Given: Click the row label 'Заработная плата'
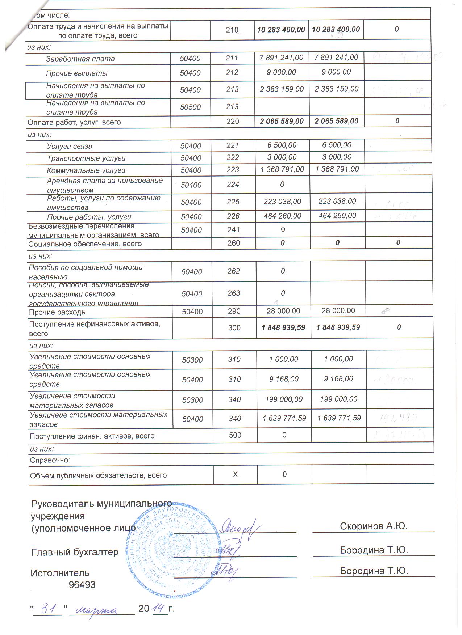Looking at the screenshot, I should point(80,59).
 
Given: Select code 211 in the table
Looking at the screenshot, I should point(232,58).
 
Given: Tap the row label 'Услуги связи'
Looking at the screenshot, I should point(69,146).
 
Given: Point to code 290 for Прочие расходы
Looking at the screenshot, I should point(234,311).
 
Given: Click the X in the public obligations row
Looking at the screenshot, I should point(235,474).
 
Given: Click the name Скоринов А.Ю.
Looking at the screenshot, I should point(374,526).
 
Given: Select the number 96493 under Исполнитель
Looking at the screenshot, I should point(82,585).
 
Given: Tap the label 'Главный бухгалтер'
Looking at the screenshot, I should point(75,552).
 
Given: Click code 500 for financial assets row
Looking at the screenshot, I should point(235,435).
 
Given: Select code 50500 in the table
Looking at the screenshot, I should point(190,107).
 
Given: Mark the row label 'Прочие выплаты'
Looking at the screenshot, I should point(76,73).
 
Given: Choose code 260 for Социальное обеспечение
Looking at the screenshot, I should point(233,243).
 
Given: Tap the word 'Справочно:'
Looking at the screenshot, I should point(50,460).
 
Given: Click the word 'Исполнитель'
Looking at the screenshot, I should point(60,573).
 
